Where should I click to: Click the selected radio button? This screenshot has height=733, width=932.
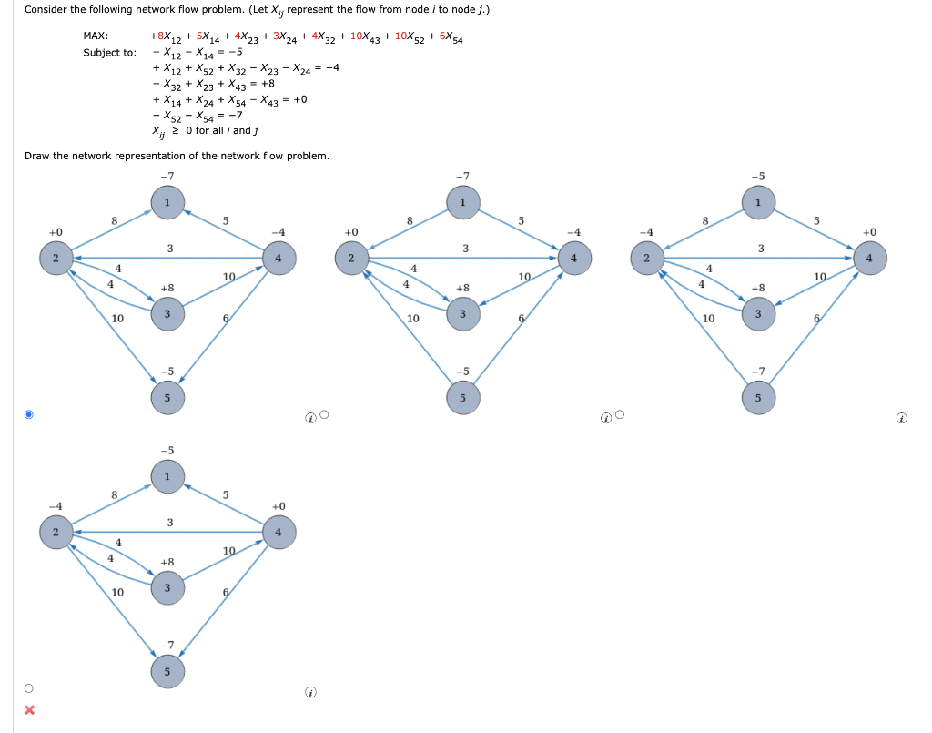coord(28,415)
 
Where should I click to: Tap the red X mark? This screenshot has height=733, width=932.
coord(29,709)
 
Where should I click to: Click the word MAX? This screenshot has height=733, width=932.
coord(96,36)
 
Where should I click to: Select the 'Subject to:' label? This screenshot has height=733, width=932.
coord(109,52)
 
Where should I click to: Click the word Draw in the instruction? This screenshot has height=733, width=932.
coord(36,156)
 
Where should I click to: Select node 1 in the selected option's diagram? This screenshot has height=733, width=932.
coord(167,201)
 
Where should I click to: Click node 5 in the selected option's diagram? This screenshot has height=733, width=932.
coord(167,397)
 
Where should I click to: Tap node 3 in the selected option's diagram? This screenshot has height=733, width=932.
coord(167,314)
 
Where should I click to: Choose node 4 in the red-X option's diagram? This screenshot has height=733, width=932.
coord(278,531)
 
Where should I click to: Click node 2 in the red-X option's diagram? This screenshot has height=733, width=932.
coord(56,531)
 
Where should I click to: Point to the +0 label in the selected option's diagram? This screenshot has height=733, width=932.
coord(56,232)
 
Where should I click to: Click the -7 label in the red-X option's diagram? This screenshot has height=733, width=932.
coord(167,646)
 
